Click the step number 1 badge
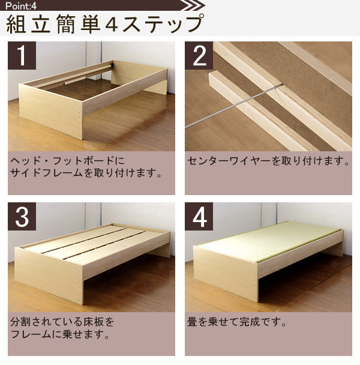coord(22,55)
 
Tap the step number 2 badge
coord(199,55)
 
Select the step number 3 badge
coord(22,216)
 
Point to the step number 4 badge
coord(199,216)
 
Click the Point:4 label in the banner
coord(21,6)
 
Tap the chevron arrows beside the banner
coord(193,5)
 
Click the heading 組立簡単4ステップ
coord(105,24)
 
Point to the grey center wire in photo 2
coord(233,106)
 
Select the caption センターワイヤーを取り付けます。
coord(269,161)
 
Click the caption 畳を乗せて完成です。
coord(237,322)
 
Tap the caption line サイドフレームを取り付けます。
coord(86,173)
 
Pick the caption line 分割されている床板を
coord(62,322)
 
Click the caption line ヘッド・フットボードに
coord(67,161)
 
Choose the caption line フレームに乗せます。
coord(60,334)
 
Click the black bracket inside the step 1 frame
coord(112,64)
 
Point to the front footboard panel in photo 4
coord(226,274)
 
